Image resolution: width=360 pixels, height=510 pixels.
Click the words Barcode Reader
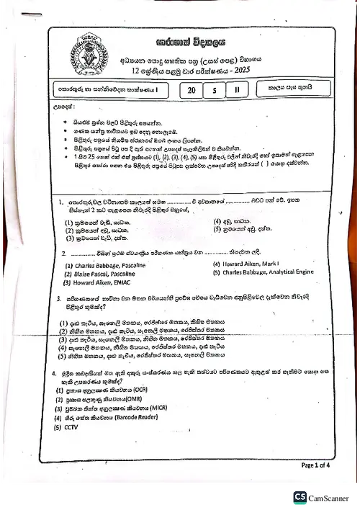click(132, 416)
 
